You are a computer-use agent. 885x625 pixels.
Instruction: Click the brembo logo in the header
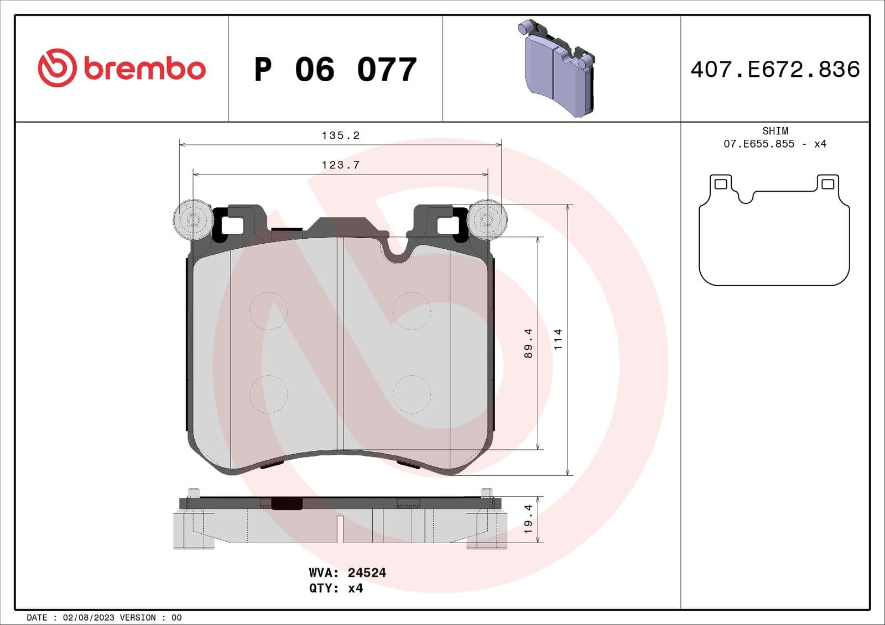[122, 68]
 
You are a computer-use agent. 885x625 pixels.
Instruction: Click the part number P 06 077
[335, 70]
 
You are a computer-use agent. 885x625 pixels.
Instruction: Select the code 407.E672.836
[775, 70]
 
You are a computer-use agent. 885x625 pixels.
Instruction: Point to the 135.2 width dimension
[340, 135]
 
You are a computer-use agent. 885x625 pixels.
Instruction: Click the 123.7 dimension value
[340, 165]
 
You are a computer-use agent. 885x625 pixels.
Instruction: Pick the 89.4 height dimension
[528, 343]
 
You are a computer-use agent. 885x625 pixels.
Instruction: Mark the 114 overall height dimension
[558, 339]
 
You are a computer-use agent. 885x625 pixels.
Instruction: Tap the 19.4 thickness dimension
[528, 519]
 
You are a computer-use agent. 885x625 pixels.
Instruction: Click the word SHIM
[775, 131]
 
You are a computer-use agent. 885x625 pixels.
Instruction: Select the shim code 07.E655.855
[759, 144]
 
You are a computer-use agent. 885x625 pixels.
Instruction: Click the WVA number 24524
[367, 573]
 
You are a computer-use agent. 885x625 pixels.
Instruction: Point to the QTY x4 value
[355, 588]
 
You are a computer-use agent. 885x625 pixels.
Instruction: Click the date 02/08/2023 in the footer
[88, 617]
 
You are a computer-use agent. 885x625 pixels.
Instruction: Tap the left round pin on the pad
[192, 220]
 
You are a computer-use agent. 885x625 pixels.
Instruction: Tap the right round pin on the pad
[487, 220]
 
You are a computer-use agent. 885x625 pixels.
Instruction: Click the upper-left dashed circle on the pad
[269, 311]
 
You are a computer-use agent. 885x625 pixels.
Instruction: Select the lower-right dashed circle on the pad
[412, 394]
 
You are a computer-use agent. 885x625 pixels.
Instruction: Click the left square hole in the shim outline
[721, 184]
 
